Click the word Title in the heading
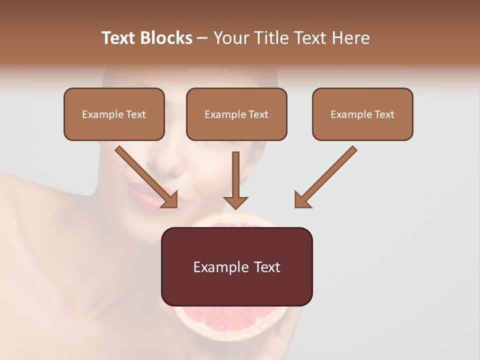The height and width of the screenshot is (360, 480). coord(272,38)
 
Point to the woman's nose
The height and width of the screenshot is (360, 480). coord(167,160)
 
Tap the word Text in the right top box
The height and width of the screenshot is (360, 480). coord(384,114)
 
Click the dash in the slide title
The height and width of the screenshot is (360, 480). coord(202,38)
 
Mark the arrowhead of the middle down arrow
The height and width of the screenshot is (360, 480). coord(235,202)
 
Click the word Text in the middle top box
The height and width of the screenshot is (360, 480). coord(258,114)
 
